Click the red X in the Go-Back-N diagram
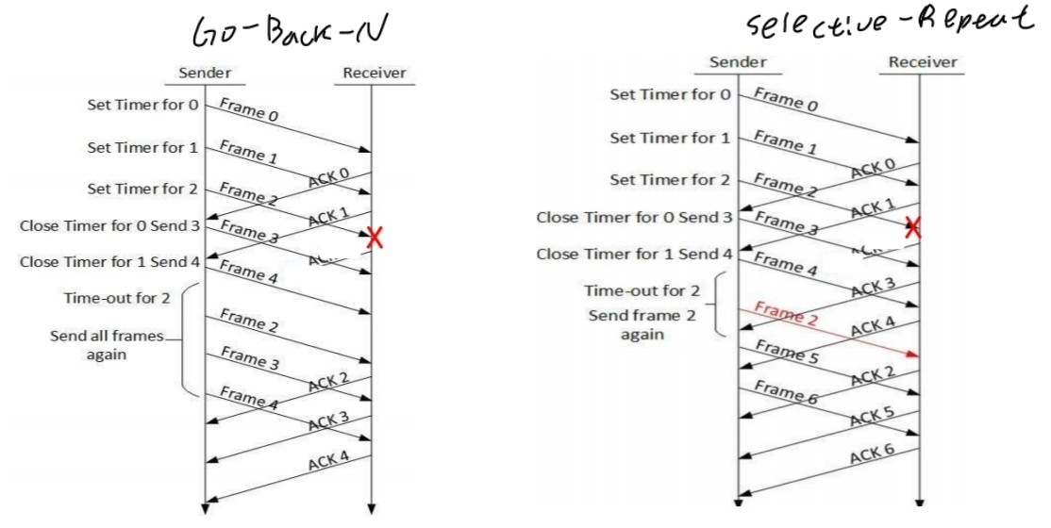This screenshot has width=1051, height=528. click(375, 239)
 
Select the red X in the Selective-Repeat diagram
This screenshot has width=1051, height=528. click(912, 226)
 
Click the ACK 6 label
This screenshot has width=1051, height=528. click(873, 454)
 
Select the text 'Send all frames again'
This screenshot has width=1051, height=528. click(107, 345)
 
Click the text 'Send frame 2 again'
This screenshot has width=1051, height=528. click(642, 324)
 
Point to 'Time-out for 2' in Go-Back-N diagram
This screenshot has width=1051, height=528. click(117, 298)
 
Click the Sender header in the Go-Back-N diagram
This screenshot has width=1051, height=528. click(204, 73)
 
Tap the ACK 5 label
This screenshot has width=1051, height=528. click(873, 417)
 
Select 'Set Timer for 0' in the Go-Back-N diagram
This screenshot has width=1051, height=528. click(142, 105)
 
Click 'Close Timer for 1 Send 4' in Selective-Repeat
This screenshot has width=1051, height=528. click(634, 255)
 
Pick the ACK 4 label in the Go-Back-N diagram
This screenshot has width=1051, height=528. click(329, 460)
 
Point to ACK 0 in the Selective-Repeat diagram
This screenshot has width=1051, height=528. click(873, 169)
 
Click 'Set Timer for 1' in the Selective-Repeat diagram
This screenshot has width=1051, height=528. click(670, 138)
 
